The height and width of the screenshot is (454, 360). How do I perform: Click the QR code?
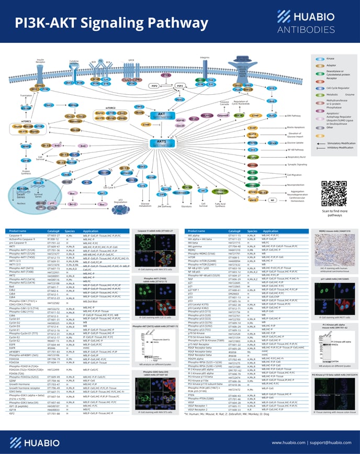pos(334,192)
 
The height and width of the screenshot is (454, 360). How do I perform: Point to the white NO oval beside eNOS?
pos(273,200)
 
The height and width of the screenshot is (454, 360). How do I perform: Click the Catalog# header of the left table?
pos(54,231)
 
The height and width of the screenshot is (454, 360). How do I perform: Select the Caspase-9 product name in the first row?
pos(18,236)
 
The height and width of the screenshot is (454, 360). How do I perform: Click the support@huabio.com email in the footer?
pos(328,442)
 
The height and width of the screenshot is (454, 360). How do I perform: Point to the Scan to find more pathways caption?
pos(334,212)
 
